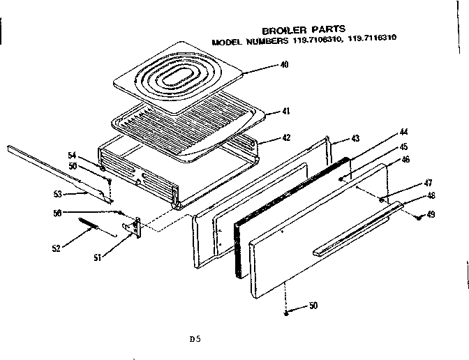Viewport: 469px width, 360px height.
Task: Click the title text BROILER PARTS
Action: [x=303, y=30]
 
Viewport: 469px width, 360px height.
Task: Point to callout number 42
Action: [x=286, y=138]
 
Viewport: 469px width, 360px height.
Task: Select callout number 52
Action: [x=55, y=248]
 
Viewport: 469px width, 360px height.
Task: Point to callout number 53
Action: [x=58, y=193]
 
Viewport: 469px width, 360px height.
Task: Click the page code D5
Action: [x=195, y=340]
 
